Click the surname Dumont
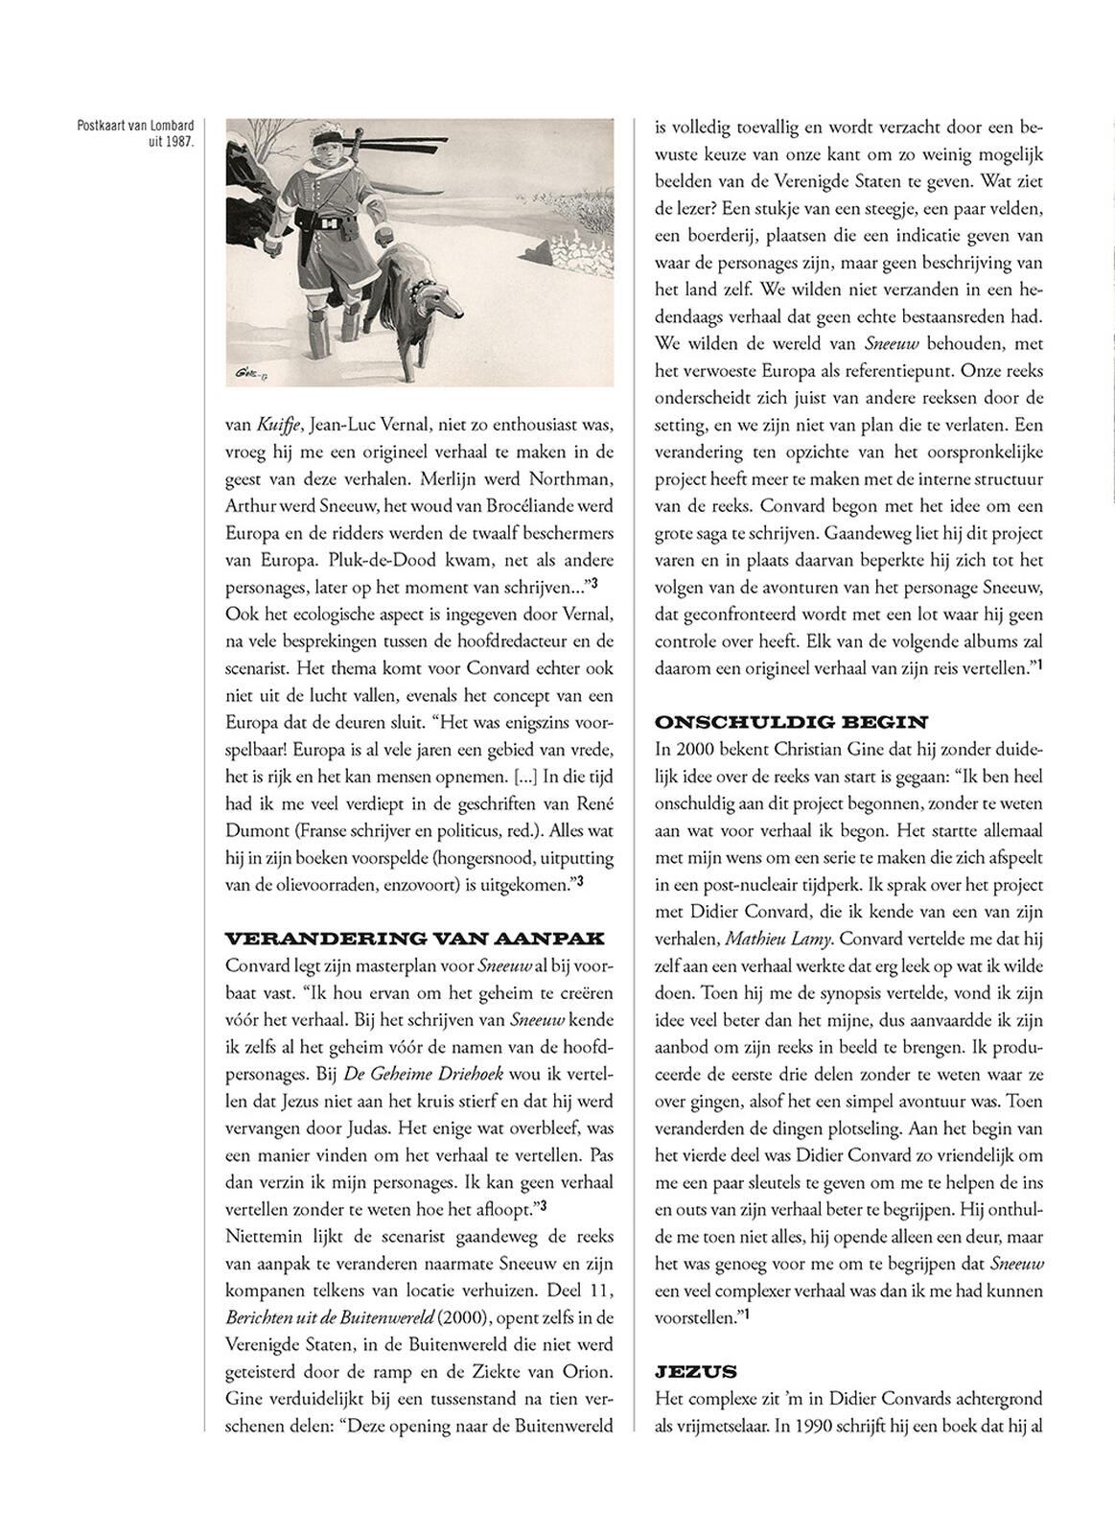point(254,830)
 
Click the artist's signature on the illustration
point(251,371)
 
